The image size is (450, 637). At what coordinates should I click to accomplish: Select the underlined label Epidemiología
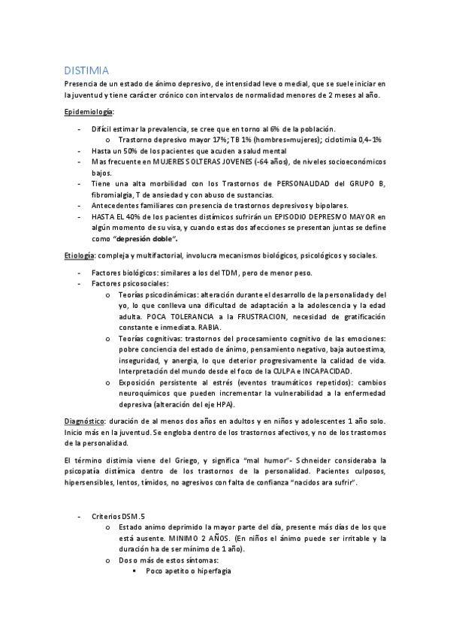(x=87, y=111)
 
